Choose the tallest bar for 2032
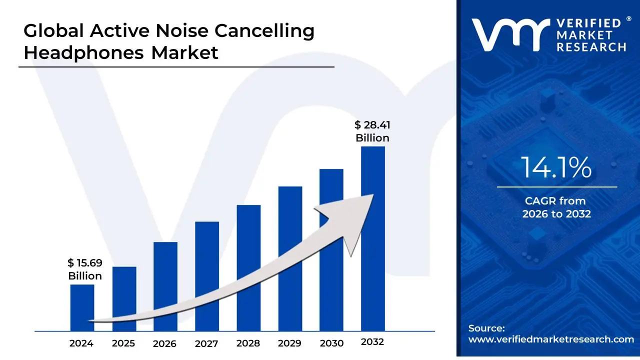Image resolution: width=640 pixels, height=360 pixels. click(373, 170)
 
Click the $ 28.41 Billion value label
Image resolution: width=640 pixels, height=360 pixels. click(372, 131)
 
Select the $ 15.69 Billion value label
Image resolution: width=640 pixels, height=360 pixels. click(85, 269)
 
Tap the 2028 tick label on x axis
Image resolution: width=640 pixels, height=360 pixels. click(248, 343)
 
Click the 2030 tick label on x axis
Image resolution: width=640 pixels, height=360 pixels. click(331, 343)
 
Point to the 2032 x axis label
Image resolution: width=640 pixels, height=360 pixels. click(372, 342)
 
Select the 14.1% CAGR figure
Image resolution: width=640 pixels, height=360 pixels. click(556, 167)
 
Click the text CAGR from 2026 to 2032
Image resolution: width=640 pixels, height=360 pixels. click(556, 207)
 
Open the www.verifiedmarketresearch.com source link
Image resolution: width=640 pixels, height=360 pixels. click(551, 339)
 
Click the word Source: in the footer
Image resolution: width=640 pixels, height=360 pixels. click(486, 328)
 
